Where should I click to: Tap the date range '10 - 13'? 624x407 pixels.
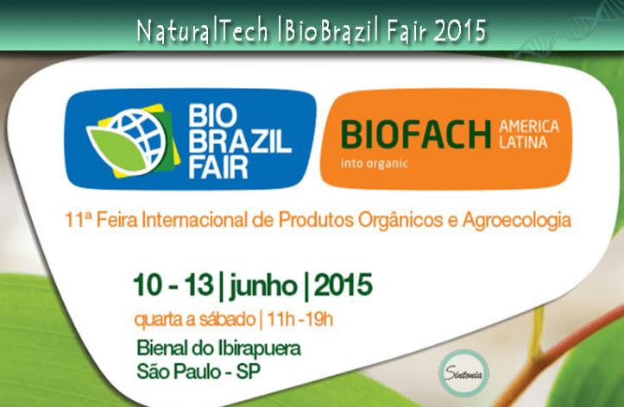pos(167,285)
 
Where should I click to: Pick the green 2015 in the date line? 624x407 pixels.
pos(344,285)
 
